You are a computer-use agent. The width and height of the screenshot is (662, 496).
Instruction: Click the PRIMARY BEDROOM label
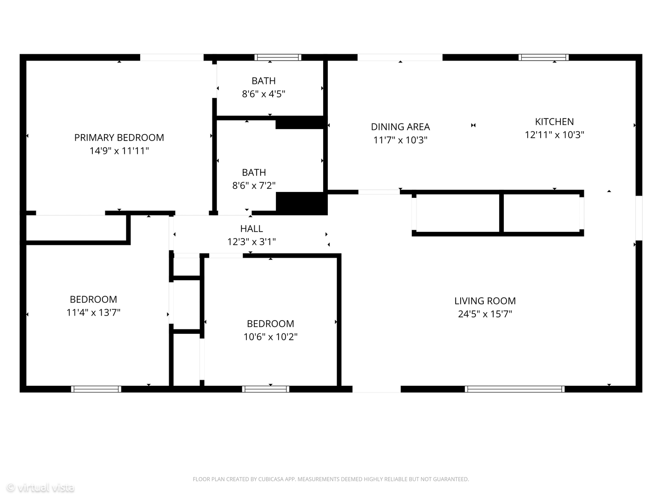click(119, 138)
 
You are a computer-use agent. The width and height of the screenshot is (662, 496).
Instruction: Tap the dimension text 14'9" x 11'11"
click(119, 151)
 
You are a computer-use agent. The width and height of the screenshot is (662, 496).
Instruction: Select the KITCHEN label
click(554, 122)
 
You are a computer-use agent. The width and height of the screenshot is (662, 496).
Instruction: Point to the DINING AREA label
click(400, 127)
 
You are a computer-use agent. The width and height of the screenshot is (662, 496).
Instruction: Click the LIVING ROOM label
click(485, 301)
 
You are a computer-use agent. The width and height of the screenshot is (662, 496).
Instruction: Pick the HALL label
click(251, 229)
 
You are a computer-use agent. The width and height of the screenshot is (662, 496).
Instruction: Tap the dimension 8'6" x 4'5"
click(263, 94)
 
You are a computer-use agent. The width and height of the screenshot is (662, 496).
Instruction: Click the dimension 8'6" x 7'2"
click(254, 186)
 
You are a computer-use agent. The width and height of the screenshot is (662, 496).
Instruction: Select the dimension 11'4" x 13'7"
click(93, 313)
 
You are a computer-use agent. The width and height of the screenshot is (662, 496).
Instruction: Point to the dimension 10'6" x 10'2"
click(270, 337)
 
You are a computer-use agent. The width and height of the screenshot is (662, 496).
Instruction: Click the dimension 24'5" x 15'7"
click(485, 314)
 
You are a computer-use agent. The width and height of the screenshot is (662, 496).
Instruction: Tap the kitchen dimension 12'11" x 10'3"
click(554, 135)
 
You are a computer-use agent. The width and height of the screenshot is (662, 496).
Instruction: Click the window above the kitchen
click(543, 57)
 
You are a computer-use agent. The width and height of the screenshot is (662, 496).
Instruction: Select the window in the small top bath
click(278, 57)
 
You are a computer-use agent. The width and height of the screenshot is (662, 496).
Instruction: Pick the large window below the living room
click(514, 389)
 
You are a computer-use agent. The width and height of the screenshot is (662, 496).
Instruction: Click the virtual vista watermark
click(40, 487)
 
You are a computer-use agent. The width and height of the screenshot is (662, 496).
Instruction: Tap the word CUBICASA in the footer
click(270, 479)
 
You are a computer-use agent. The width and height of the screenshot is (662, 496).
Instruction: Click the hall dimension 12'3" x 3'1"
click(251, 242)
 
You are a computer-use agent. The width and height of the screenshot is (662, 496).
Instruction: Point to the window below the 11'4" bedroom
click(96, 389)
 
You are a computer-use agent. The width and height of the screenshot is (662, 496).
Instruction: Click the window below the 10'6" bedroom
click(266, 389)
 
